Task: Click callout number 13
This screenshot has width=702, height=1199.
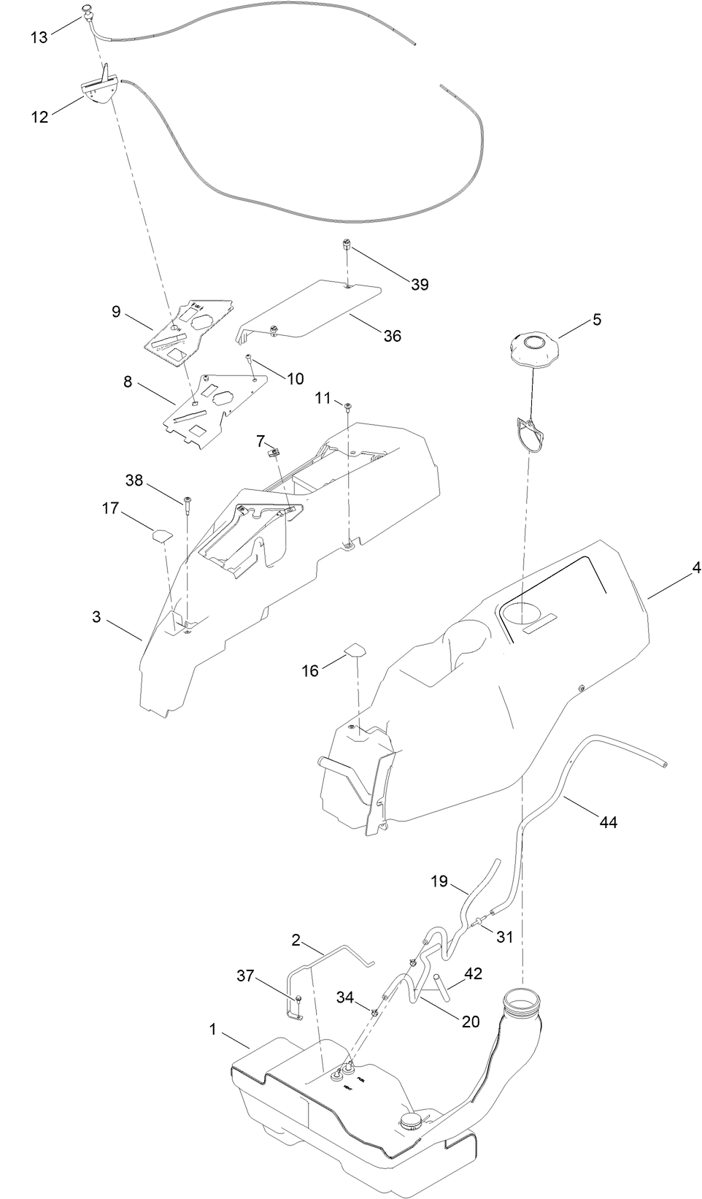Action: [39, 37]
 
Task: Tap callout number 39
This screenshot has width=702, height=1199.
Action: [420, 284]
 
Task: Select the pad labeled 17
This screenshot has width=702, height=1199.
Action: [161, 534]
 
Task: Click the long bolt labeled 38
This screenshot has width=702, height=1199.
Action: [188, 504]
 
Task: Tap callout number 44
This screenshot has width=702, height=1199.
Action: [608, 822]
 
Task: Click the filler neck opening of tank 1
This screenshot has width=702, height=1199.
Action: [522, 997]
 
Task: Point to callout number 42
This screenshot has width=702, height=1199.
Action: [473, 973]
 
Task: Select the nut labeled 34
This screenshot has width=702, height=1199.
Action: [373, 1012]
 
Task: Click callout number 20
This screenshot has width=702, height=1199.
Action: [471, 1021]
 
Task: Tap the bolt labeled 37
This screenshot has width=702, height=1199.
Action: [298, 998]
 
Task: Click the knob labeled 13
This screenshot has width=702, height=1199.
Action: [88, 10]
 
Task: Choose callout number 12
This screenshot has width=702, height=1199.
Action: [39, 116]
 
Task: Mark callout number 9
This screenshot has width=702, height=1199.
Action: [116, 312]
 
